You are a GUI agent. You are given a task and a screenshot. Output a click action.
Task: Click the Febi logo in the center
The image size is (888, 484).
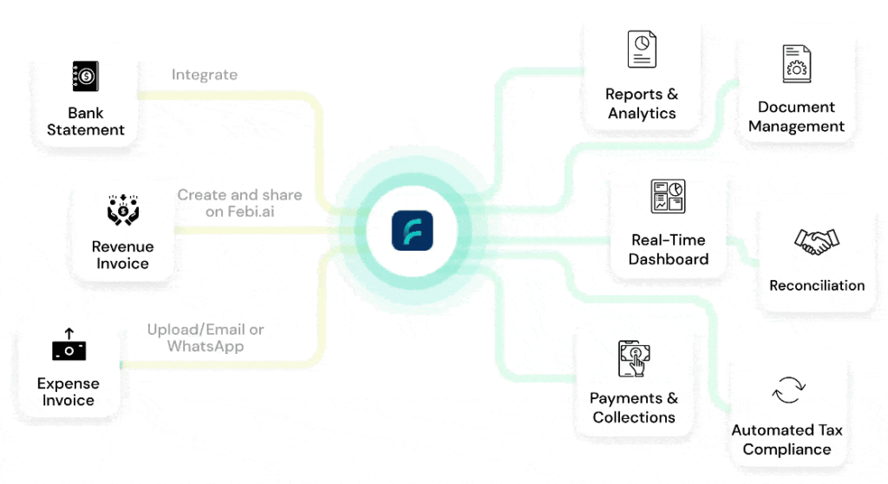(412, 232)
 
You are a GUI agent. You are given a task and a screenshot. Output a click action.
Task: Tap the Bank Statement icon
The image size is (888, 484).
(85, 76)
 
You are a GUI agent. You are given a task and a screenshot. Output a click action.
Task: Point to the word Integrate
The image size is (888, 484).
(205, 75)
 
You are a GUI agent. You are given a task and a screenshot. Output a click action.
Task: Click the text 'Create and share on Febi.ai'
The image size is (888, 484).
(239, 204)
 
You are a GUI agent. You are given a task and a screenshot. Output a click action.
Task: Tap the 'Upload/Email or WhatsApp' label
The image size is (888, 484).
(206, 338)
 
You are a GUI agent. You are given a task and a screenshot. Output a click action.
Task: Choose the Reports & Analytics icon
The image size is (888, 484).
(642, 49)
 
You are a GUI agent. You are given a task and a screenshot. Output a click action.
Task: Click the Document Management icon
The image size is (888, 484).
(796, 64)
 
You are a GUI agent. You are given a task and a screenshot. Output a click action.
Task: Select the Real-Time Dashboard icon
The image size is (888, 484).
(668, 197)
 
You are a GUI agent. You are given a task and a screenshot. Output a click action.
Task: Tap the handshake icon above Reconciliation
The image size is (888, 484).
(817, 242)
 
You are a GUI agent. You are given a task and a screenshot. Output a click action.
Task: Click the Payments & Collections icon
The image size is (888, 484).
(634, 358)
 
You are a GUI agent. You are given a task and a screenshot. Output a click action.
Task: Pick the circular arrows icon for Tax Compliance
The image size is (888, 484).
(787, 390)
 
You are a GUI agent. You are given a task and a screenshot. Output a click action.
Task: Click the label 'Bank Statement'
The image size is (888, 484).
(86, 121)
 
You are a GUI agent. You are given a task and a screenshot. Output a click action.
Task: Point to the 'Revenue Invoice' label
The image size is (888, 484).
(122, 255)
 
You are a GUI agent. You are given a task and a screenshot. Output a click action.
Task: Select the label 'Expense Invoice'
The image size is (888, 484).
(69, 392)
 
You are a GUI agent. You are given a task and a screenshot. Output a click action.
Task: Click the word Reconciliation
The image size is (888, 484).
(817, 285)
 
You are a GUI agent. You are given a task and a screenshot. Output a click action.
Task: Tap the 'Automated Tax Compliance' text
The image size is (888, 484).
(787, 440)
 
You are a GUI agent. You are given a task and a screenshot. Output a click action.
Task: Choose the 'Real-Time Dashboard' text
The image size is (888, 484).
(669, 250)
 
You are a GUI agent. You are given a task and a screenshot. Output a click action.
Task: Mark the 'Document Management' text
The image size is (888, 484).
(796, 117)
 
